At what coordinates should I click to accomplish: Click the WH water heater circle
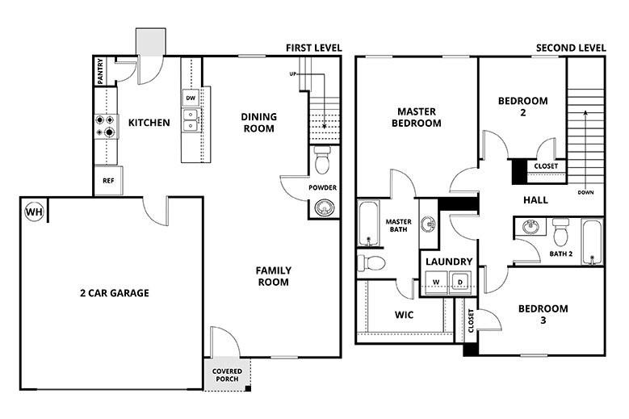[x=34, y=212]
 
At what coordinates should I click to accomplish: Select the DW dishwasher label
[x=191, y=98]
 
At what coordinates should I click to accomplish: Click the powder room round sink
[x=323, y=209]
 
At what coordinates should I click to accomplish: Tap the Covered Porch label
[x=227, y=375]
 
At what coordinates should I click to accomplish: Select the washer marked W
[x=435, y=282]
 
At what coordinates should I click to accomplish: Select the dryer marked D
[x=459, y=282]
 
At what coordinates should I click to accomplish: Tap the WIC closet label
[x=404, y=315]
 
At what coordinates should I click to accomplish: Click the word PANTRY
[x=99, y=71]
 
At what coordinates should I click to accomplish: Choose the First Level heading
[x=313, y=48]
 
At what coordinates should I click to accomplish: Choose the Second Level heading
[x=570, y=48]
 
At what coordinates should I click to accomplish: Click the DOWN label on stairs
[x=586, y=193]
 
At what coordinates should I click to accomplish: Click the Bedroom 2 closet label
[x=546, y=167]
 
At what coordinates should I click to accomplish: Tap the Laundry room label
[x=448, y=262]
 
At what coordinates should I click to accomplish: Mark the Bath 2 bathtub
[x=593, y=241]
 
